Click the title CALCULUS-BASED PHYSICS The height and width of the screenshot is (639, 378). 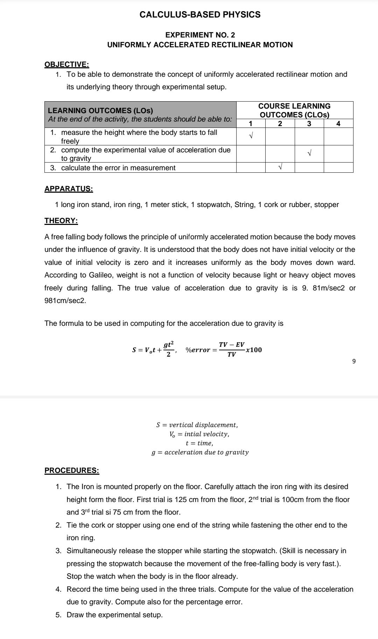[200, 15]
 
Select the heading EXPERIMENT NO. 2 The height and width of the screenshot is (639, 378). [200, 35]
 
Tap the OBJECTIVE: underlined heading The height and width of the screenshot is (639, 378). [67, 64]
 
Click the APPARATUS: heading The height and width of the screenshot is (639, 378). [69, 189]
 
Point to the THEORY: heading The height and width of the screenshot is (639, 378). [61, 221]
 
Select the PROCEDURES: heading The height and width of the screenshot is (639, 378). [72, 470]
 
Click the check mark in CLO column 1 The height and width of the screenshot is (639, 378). [251, 136]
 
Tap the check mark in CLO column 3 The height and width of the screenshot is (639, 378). [309, 153]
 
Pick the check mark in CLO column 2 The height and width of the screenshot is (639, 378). [280, 167]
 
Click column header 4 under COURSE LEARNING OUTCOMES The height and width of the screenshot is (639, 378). [338, 123]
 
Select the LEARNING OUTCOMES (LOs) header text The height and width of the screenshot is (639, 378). [100, 111]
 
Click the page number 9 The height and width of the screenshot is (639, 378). [353, 361]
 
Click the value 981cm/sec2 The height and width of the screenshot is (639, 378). [65, 301]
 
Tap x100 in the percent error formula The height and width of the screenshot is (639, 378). [254, 350]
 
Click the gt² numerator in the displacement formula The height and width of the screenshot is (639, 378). [169, 344]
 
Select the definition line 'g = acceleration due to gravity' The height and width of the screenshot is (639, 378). [200, 452]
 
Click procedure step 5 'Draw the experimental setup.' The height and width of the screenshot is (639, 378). [114, 615]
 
